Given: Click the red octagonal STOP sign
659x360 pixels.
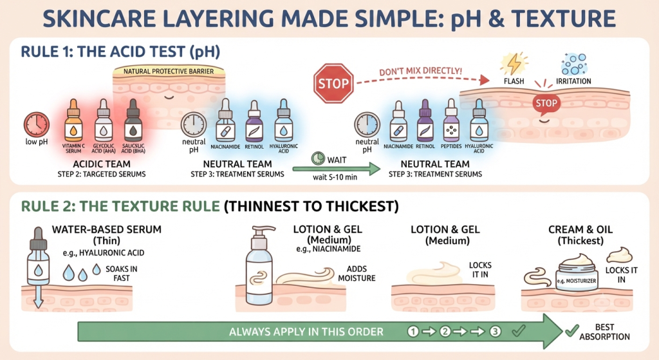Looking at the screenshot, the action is coord(333,83).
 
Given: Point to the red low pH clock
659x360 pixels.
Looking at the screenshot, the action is coord(37,124).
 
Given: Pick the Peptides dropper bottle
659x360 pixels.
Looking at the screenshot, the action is coord(451,120).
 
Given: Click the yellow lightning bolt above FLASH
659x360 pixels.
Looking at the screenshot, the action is coord(514,64).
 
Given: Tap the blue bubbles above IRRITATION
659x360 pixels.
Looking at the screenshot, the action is coord(573,64).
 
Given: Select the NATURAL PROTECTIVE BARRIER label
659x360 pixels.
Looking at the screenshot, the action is coord(169,71).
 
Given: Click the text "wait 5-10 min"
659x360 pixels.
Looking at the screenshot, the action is coord(335,177).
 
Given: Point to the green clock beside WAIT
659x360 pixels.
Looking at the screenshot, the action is coord(318,158).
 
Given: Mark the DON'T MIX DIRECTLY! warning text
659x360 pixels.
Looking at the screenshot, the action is coord(420,71).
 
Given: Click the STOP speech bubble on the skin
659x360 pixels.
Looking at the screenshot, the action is coord(546,104).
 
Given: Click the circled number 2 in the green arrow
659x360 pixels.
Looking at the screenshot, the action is coord(445,332).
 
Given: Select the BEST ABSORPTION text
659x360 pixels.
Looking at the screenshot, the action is coord(604,332).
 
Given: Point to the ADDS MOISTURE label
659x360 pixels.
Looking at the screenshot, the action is coord(357,273).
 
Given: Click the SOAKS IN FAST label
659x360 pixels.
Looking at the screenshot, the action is coord(122,273).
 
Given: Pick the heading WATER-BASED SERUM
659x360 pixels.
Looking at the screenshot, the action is coord(107,229).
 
